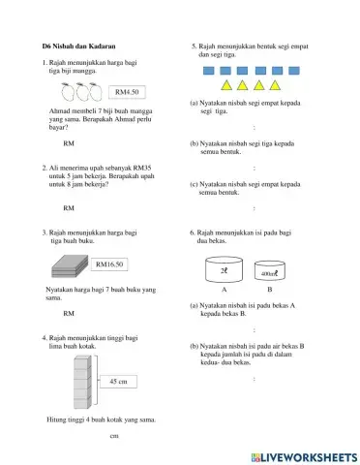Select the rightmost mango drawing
pyautogui.click(x=95, y=93)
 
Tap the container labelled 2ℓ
pyautogui.click(x=224, y=271)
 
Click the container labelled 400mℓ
pyautogui.click(x=269, y=273)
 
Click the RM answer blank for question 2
pyautogui.click(x=69, y=207)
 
